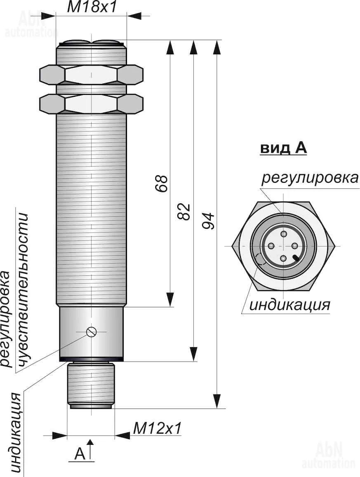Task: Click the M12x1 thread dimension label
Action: coord(157,429)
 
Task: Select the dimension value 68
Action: coord(162,183)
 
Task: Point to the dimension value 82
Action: coord(185,211)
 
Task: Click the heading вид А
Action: coord(283,148)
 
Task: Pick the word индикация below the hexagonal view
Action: coord(290,305)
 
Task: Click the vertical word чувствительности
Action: coord(24,289)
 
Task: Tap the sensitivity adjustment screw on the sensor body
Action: coord(91,331)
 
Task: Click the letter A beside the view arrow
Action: coord(80,454)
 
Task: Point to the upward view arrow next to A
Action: coord(91,449)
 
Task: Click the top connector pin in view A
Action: coord(283,234)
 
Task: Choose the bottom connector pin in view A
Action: coord(283,258)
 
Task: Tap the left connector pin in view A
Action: coord(271,246)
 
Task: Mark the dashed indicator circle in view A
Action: coord(261,259)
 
